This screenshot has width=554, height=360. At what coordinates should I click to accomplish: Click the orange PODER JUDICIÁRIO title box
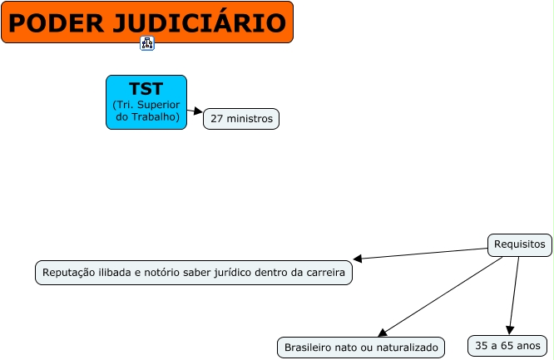coord(147,22)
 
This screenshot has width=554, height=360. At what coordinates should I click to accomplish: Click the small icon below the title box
coord(147,43)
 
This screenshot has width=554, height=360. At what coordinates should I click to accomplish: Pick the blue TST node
coord(146,102)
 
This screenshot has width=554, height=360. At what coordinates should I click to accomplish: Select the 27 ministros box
coord(241,119)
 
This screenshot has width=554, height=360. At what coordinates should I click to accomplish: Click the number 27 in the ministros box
coord(217,119)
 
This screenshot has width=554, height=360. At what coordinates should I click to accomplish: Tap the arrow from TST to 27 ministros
coord(197,111)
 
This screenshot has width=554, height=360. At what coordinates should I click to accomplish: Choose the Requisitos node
coord(519,244)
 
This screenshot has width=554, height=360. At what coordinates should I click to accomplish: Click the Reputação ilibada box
coord(194,273)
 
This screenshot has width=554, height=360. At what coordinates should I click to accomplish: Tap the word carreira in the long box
coord(324,273)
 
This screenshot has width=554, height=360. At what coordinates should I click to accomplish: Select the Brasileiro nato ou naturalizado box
coord(361,348)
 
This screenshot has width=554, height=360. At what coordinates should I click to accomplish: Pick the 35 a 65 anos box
coord(507,345)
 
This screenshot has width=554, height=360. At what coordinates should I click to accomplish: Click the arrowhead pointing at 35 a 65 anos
coord(510,330)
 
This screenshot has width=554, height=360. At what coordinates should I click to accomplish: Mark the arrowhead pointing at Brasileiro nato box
coord(382,332)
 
